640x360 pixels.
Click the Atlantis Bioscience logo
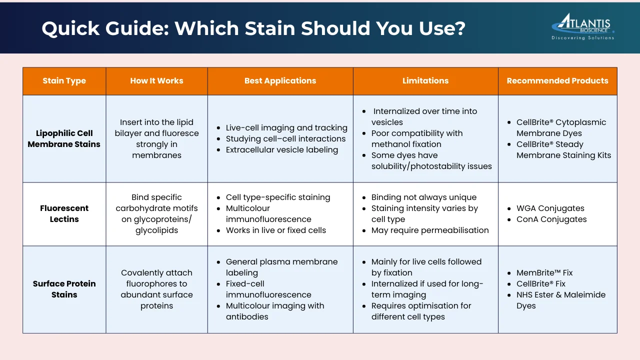(583, 26)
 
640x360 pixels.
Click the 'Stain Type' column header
(64, 81)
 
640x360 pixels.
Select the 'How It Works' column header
(156, 81)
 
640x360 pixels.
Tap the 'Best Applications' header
(280, 81)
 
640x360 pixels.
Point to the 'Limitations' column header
(425, 80)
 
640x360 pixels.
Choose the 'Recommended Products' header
(557, 81)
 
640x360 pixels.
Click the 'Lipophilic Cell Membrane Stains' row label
(64, 138)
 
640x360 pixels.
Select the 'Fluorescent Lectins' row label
(64, 213)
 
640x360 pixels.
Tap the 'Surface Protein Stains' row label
(64, 289)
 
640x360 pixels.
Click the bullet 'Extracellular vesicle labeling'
(281, 149)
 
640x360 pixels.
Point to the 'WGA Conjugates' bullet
(550, 208)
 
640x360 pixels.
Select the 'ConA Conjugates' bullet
(551, 219)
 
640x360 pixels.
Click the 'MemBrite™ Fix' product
(544, 272)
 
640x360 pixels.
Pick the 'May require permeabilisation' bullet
(430, 230)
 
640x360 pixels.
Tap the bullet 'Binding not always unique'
(423, 197)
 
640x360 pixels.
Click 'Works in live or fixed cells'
(275, 230)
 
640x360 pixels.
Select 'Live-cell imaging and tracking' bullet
(286, 127)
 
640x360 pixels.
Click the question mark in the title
(459, 28)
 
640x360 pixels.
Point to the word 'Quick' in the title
(70, 28)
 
